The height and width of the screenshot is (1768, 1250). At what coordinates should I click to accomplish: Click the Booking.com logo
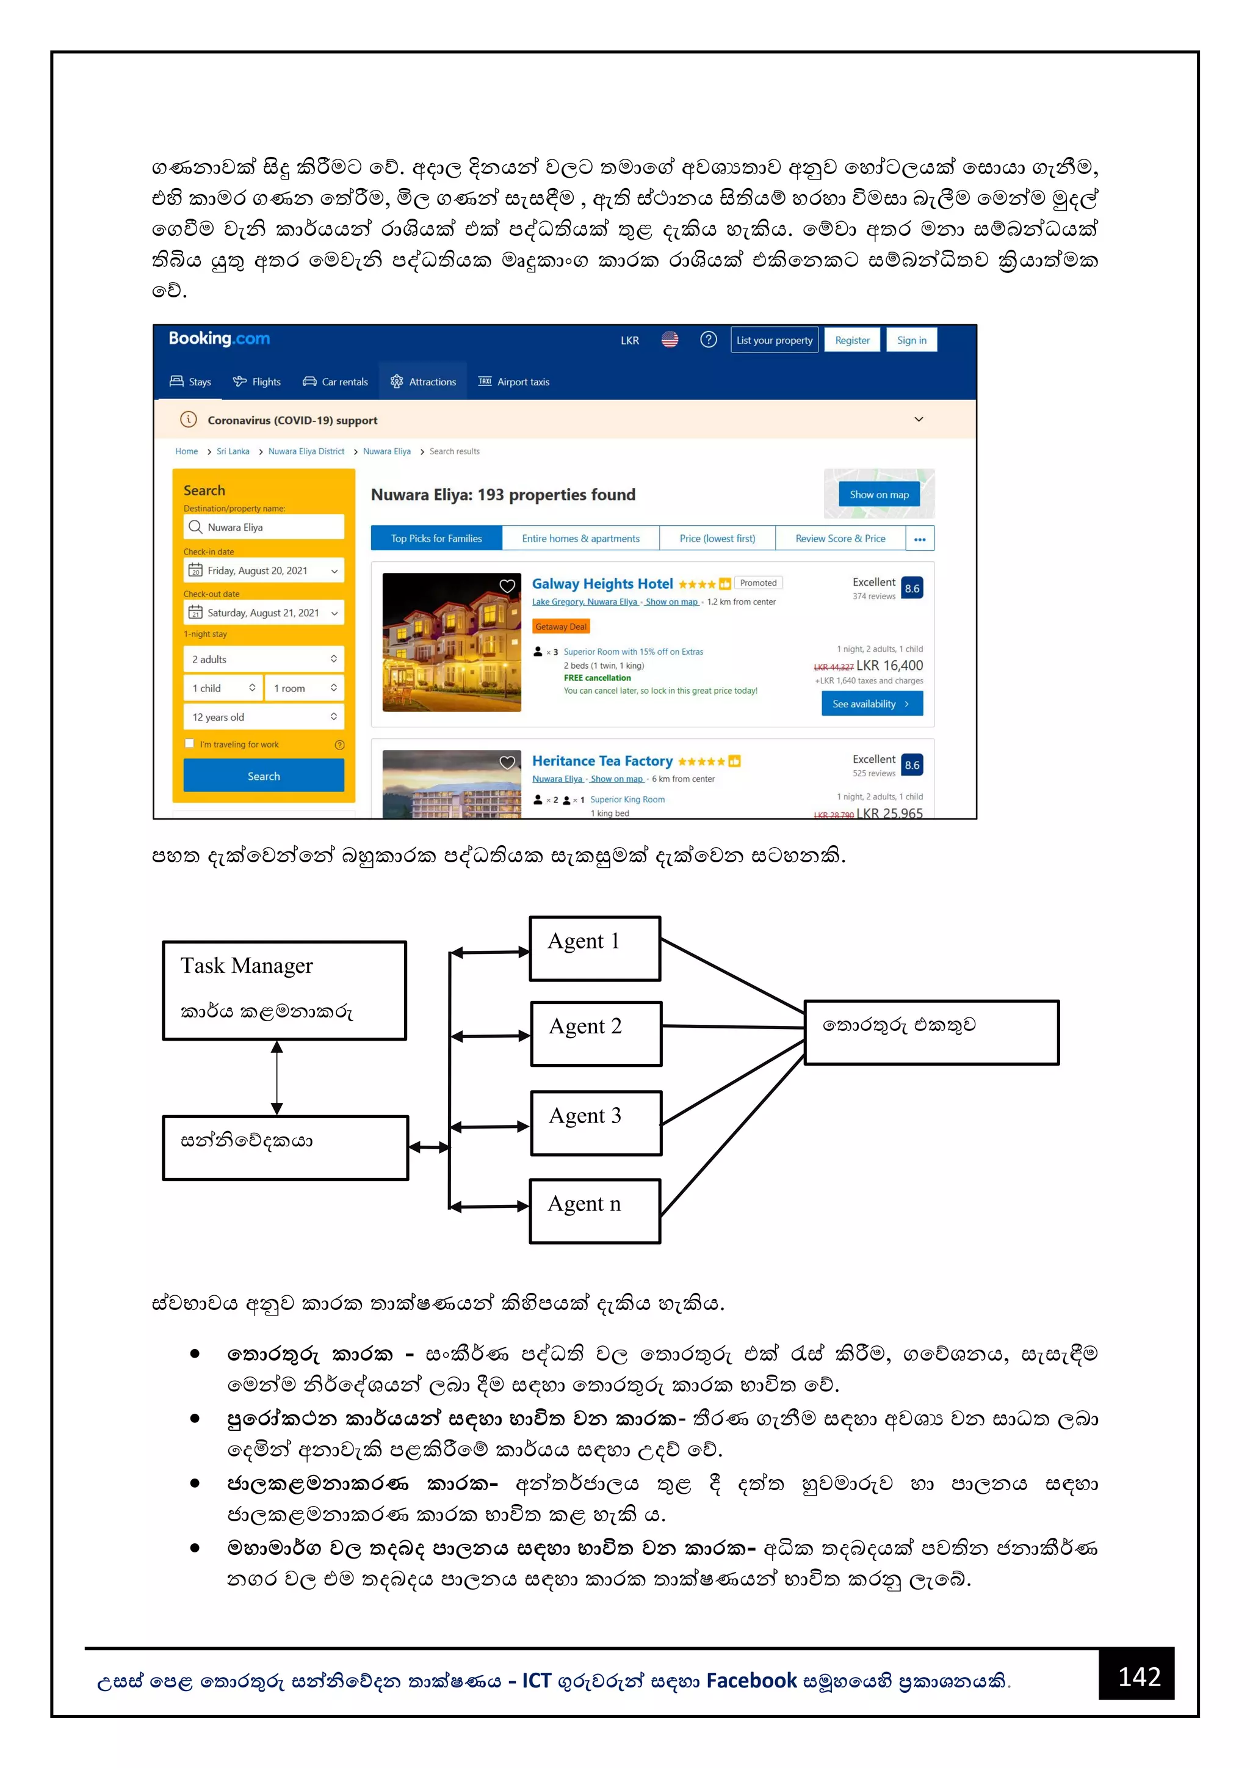219,339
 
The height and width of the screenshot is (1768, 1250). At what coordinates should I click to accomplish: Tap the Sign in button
911,340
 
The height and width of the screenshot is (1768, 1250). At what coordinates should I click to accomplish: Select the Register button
852,340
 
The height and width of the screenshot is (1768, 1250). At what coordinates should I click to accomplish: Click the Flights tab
257,382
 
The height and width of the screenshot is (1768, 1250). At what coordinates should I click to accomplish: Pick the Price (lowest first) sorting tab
717,538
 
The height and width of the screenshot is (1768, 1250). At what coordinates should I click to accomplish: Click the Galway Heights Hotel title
602,584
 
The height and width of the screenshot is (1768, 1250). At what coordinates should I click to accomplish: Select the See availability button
872,704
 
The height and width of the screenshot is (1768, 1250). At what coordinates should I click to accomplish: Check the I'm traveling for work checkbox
189,744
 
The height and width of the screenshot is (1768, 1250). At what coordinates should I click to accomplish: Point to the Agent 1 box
595,948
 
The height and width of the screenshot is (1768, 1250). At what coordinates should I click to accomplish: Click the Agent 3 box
596,1122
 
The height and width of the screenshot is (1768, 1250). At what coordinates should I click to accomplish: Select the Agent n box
595,1210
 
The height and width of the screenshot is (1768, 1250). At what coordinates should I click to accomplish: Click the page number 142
1138,1676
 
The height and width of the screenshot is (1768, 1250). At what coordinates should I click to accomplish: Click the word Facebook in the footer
751,1680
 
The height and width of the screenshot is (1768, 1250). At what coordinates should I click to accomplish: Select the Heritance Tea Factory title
602,761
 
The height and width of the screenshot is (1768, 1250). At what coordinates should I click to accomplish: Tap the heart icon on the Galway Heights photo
507,586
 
